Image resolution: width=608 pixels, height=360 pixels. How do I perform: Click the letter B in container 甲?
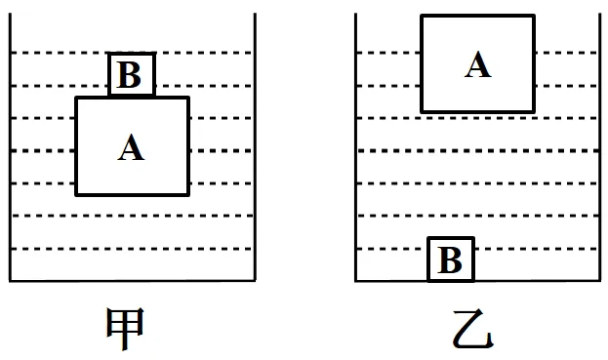pos(131,75)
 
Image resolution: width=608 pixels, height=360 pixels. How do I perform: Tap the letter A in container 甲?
pos(131,147)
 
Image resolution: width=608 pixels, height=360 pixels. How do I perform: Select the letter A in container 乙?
pos(477,64)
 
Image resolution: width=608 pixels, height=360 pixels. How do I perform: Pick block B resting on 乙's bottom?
pos(450,260)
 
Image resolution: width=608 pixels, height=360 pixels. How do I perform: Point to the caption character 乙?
pos(473,331)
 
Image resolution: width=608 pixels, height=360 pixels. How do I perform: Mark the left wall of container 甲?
pos(11,146)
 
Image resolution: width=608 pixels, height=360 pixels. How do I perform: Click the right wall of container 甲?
pos(255,146)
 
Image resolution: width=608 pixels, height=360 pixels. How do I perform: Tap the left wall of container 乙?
pos(356,146)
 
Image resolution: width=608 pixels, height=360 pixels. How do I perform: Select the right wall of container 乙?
pos(600,146)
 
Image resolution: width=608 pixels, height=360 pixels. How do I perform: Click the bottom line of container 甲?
pos(133,281)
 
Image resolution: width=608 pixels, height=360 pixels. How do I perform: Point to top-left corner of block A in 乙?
pos(422,16)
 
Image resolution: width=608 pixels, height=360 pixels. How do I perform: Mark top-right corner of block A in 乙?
pos(534,16)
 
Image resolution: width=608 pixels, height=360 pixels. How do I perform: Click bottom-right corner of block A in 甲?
pos(187,194)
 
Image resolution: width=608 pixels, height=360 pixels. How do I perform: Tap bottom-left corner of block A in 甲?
pos(76,194)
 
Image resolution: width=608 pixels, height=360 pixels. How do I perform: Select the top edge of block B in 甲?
pos(131,55)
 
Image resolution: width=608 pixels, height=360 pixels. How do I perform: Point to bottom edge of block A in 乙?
pos(477,111)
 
